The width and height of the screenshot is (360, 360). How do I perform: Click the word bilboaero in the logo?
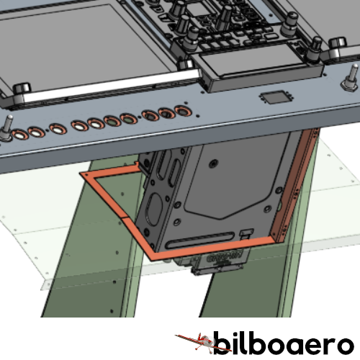284,343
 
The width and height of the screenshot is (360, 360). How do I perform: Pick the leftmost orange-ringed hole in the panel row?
19,135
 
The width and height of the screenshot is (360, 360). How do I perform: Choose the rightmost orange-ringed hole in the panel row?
183,111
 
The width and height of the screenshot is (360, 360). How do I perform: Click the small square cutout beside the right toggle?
276,97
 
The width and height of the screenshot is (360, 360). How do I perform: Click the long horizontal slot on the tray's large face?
200,240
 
